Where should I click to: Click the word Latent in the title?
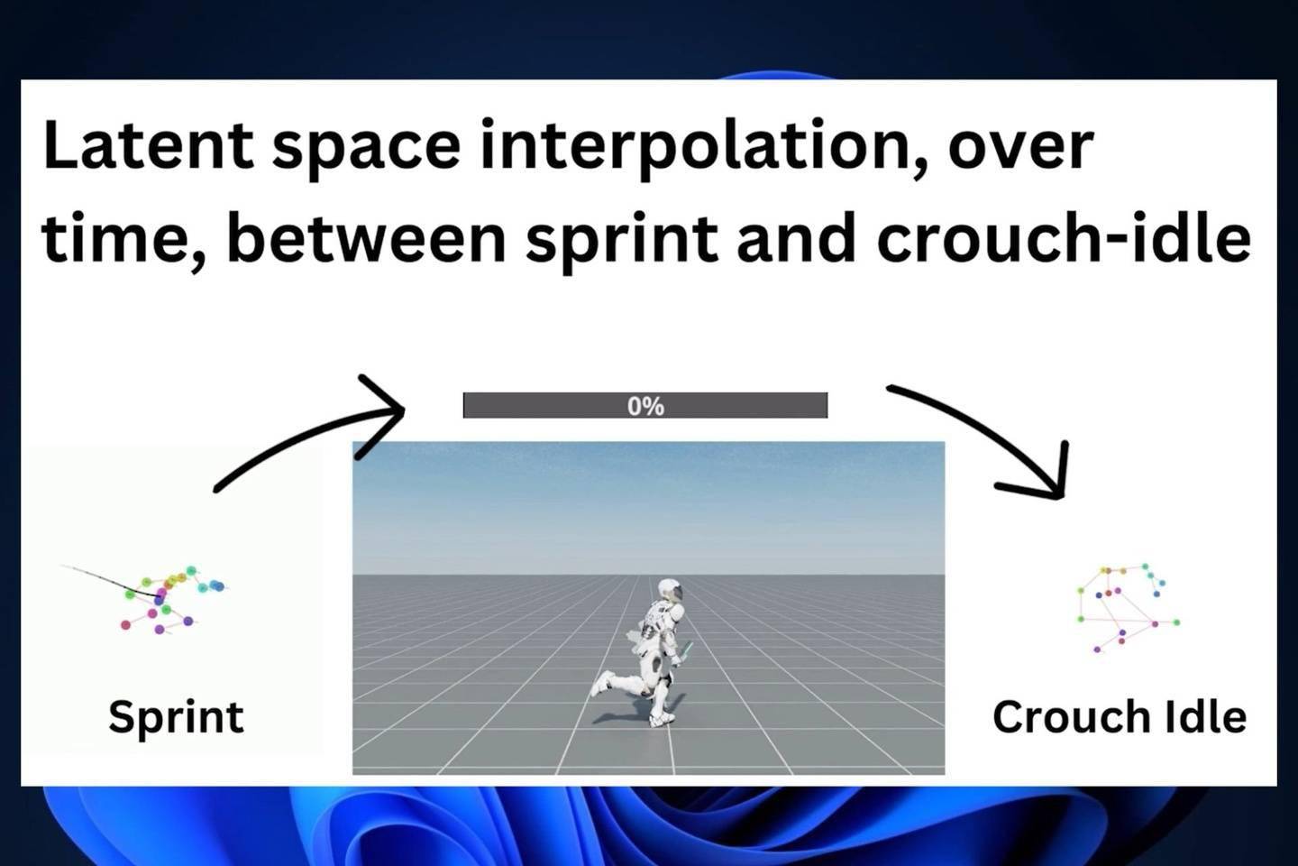pyautogui.click(x=149, y=144)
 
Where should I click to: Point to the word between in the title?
pyautogui.click(x=366, y=238)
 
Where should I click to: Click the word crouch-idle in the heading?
pyautogui.click(x=1064, y=238)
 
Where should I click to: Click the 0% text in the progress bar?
pyautogui.click(x=645, y=406)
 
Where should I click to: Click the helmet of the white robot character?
pyautogui.click(x=671, y=591)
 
